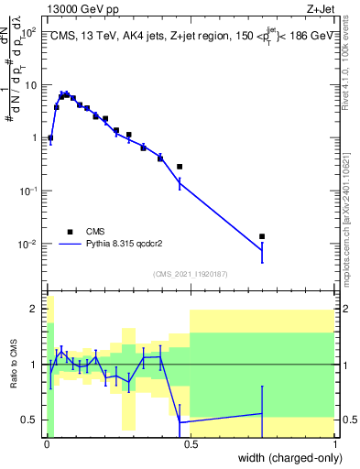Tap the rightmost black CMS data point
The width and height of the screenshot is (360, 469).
[x=262, y=236]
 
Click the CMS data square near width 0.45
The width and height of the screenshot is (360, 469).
[x=180, y=167]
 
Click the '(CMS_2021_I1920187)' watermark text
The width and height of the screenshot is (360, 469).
[x=190, y=274]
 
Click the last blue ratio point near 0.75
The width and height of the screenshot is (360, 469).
[x=262, y=413]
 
